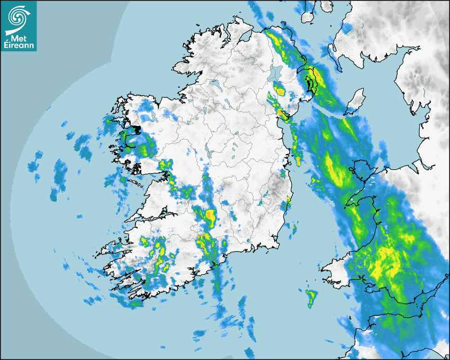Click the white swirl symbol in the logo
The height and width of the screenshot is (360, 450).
pyautogui.click(x=18, y=17)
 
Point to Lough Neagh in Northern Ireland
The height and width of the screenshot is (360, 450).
pyautogui.click(x=275, y=73)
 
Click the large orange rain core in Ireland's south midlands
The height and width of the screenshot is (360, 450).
pyautogui.click(x=211, y=216)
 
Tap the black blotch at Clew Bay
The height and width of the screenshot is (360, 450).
pyautogui.click(x=137, y=129)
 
